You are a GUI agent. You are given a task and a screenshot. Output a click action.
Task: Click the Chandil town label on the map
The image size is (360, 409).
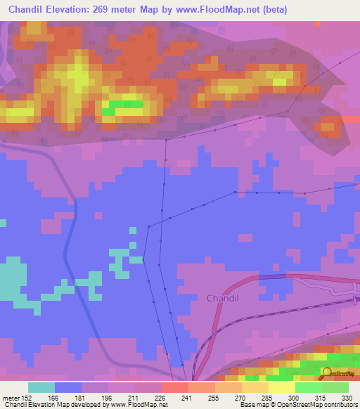[223, 298]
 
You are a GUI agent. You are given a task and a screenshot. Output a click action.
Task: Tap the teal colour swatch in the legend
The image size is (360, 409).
[41, 387]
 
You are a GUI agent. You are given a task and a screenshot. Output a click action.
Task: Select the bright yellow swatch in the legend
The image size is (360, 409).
[281, 387]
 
